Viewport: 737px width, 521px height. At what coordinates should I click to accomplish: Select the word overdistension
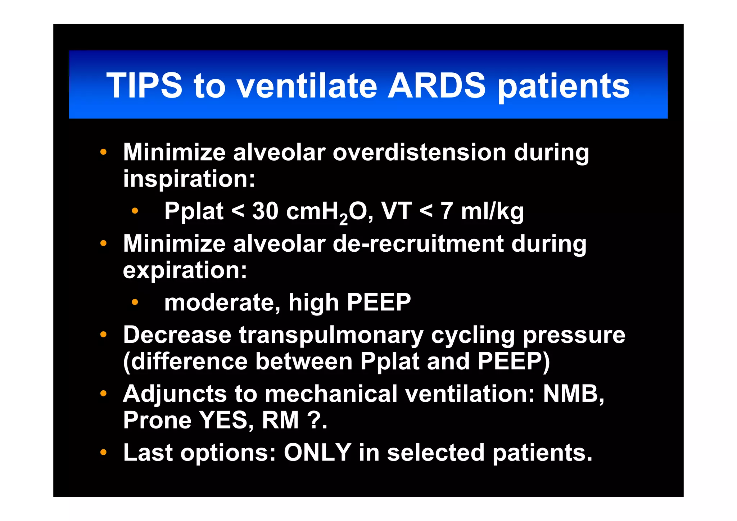point(419,152)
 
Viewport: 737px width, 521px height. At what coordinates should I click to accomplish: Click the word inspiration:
point(189,179)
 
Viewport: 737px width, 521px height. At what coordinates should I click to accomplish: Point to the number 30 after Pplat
point(265,211)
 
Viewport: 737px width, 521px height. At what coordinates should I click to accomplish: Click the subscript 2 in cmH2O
point(344,219)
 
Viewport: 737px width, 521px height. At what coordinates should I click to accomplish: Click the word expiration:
point(185,270)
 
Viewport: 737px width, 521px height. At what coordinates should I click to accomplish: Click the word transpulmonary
point(331,335)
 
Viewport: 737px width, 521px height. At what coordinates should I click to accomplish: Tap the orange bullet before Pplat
point(135,211)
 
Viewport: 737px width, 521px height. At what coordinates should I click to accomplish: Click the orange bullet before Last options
point(103,452)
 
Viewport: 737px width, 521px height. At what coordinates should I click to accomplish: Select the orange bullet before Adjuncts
point(103,394)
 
